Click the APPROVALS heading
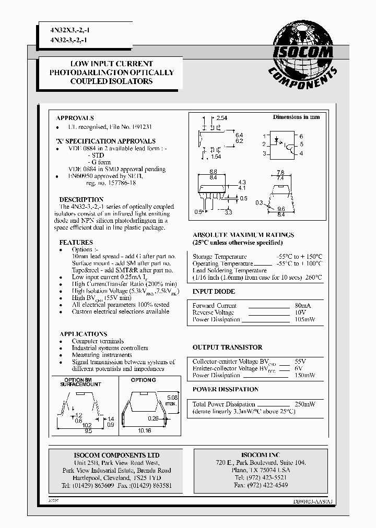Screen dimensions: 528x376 [75, 118]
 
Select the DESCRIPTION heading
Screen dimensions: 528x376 [81, 200]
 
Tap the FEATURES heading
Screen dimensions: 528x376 [76, 243]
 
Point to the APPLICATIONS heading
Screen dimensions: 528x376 [83, 334]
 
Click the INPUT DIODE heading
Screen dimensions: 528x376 [214, 292]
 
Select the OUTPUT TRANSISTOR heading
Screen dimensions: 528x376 [227, 347]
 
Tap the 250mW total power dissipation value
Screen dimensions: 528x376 [304, 404]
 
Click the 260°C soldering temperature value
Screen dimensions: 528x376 [313, 278]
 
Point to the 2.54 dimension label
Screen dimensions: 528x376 [221, 118]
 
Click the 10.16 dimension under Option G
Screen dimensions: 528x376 [145, 431]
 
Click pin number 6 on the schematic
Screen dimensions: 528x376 [301, 136]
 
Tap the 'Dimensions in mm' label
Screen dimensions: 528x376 [296, 117]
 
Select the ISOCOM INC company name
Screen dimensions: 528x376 [260, 455]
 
